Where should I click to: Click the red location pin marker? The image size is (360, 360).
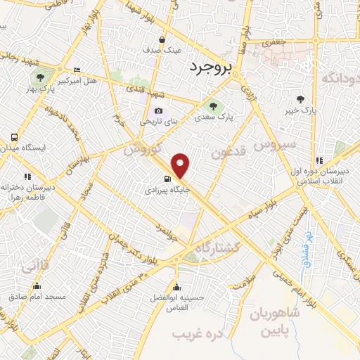(x=181, y=165)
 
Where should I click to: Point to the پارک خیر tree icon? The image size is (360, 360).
(x=301, y=100)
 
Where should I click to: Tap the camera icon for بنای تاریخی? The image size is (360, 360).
(x=158, y=110)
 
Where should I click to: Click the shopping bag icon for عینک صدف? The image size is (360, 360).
(x=162, y=40)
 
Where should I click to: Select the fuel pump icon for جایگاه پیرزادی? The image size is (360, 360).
(x=167, y=179)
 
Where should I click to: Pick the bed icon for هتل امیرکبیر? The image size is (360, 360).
(x=77, y=70)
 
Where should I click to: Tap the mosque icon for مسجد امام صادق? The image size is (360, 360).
(x=37, y=286)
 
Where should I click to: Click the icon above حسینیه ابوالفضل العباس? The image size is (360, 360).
(x=176, y=287)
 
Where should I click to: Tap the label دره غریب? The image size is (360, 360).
(x=202, y=333)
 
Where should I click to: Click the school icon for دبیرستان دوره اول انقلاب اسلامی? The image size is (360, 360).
(x=320, y=160)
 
